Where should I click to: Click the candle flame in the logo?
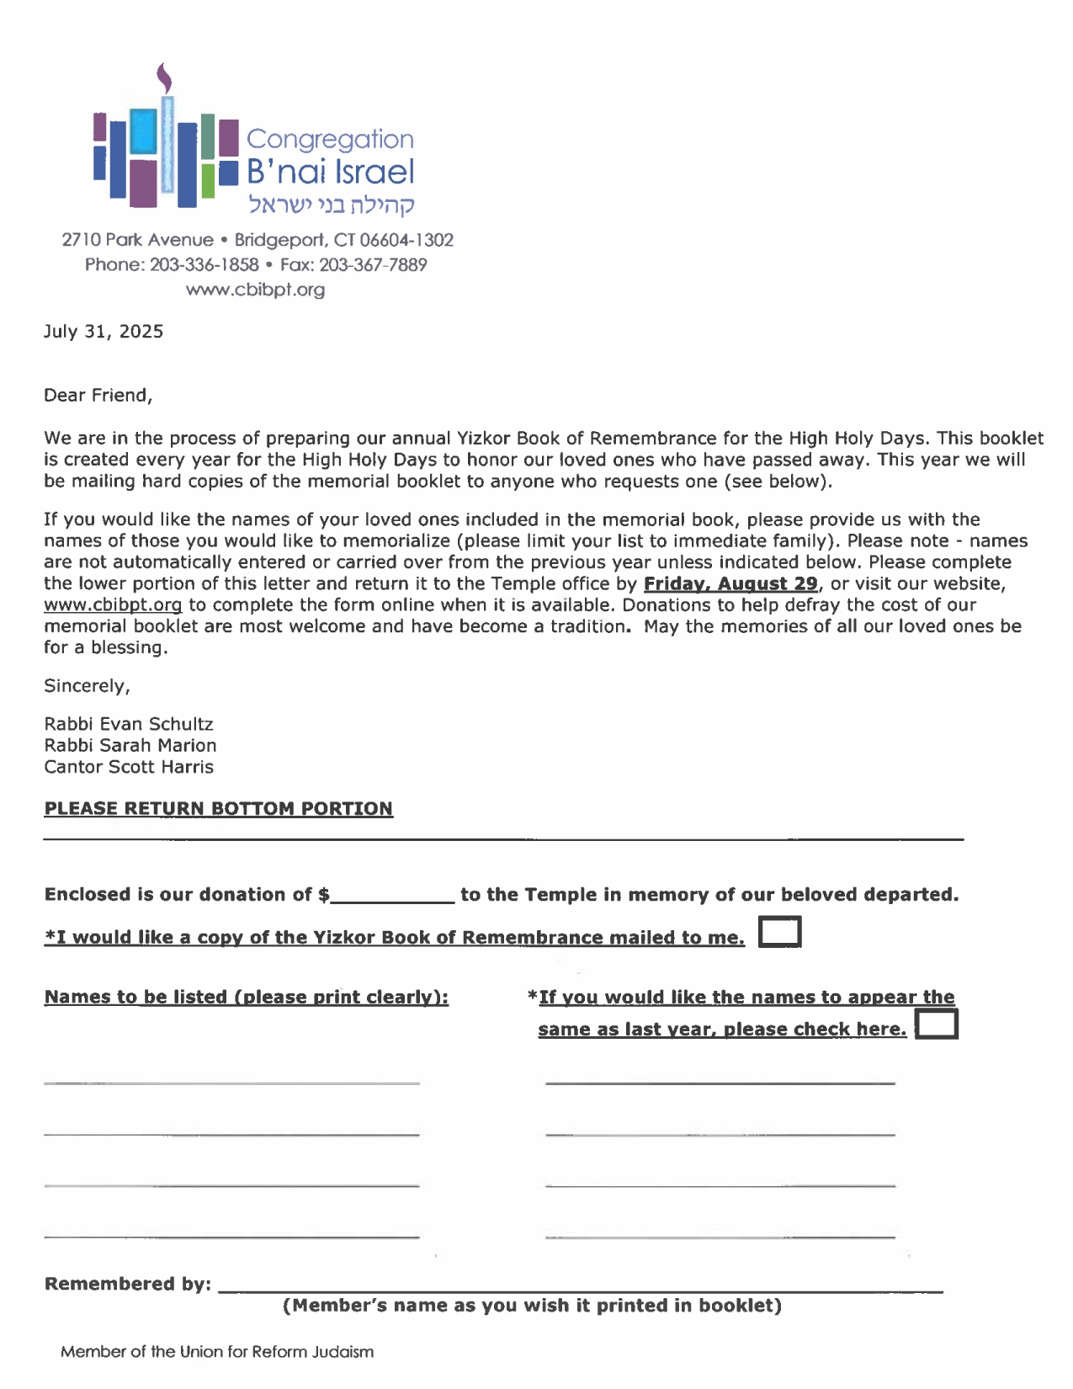tap(165, 78)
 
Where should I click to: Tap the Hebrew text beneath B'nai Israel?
tap(331, 205)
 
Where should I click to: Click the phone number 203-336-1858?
tap(205, 265)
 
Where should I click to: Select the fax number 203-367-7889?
tap(373, 265)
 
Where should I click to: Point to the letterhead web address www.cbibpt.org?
tap(255, 290)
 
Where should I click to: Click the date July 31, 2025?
tap(104, 332)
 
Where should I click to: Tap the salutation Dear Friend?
tap(98, 396)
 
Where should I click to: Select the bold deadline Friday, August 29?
tap(730, 584)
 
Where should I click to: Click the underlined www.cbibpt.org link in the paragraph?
tap(113, 605)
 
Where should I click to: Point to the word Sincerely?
tap(87, 686)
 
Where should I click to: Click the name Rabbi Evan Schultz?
tap(129, 725)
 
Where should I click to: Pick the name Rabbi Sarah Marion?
tap(130, 746)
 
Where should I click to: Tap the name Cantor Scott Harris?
tap(129, 767)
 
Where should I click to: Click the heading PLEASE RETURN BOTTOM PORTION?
tap(219, 809)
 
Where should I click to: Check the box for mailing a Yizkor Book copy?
tap(779, 933)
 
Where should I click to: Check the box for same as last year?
tap(936, 1024)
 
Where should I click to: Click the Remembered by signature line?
tap(581, 1286)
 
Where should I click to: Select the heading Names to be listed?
tap(247, 998)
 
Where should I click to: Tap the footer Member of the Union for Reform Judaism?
tap(217, 1352)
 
